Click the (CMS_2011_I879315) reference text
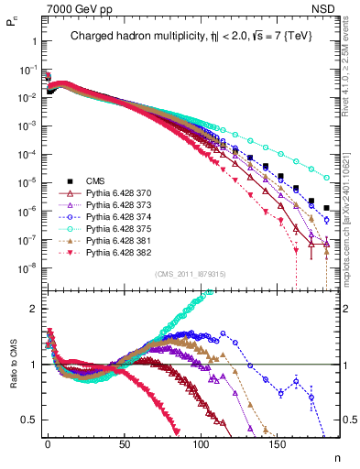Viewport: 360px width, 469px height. point(183,274)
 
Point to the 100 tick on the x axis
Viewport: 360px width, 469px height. point(140,442)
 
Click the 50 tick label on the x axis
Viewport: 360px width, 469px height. point(93,442)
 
